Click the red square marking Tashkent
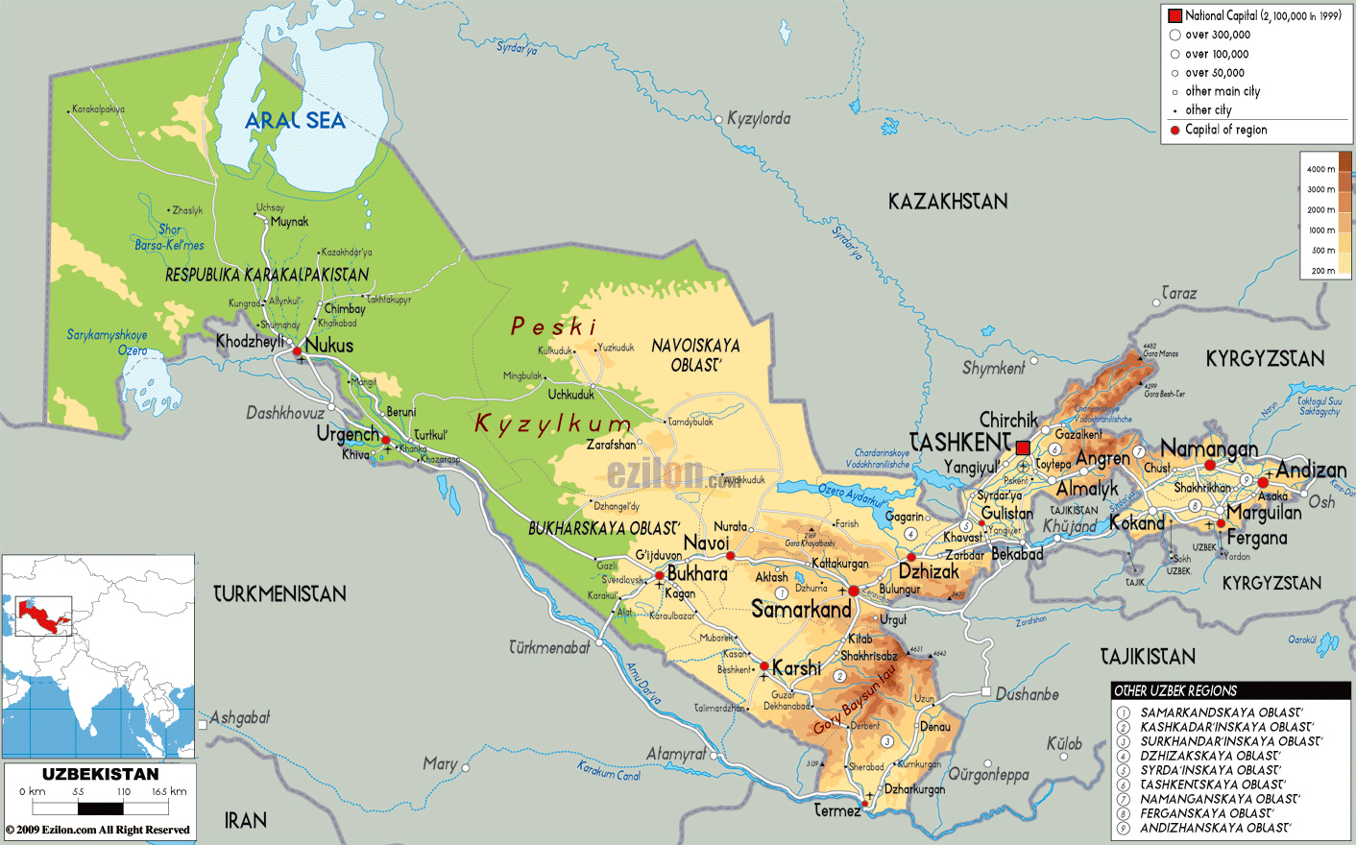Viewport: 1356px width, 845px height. pos(1023,448)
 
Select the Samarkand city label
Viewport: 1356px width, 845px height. pos(801,610)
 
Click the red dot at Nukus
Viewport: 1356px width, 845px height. pos(298,351)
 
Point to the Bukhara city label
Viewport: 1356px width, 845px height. pos(697,573)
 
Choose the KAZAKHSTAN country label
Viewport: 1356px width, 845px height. pos(947,202)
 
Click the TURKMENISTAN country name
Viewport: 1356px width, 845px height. pos(279,594)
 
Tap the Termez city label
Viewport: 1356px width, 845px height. pos(837,811)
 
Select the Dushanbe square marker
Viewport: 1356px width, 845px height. pos(985,691)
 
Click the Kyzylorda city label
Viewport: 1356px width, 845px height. pos(759,119)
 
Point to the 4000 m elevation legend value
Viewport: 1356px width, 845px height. pos(1320,170)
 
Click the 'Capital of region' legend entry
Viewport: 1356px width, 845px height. pos(1225,130)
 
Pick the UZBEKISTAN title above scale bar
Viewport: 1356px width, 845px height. pos(100,774)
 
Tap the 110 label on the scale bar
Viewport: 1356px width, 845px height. pos(123,792)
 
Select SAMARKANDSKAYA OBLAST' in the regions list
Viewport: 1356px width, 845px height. pos(1221,712)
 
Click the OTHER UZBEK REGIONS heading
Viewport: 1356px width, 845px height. pos(1175,690)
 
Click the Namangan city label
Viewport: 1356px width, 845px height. pos(1208,448)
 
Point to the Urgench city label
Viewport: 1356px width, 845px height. pos(348,434)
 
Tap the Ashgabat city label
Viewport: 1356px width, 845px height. pos(240,718)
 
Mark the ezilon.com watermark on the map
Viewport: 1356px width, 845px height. pos(672,473)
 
